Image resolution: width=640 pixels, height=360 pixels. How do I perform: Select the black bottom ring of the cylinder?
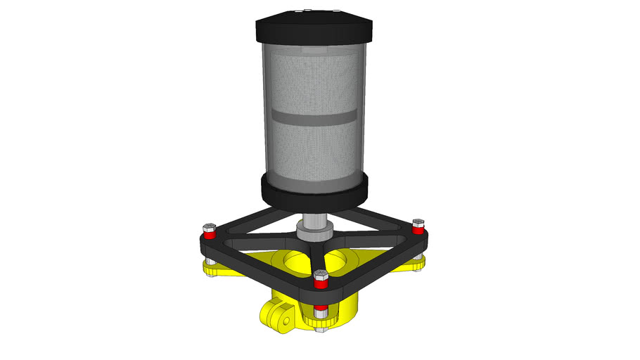pyautogui.click(x=314, y=192)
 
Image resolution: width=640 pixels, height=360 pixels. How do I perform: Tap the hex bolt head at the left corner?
pyautogui.click(x=208, y=226)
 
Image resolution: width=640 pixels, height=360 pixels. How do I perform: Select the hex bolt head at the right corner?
pyautogui.click(x=418, y=223)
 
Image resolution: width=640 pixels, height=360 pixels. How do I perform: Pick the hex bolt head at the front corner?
pyautogui.click(x=320, y=275)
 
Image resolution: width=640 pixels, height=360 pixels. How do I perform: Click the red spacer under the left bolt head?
pyautogui.click(x=208, y=236)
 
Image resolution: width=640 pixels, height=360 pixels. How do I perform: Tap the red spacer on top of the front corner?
pyautogui.click(x=320, y=284)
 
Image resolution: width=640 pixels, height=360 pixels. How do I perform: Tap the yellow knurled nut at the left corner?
pyautogui.click(x=209, y=266)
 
